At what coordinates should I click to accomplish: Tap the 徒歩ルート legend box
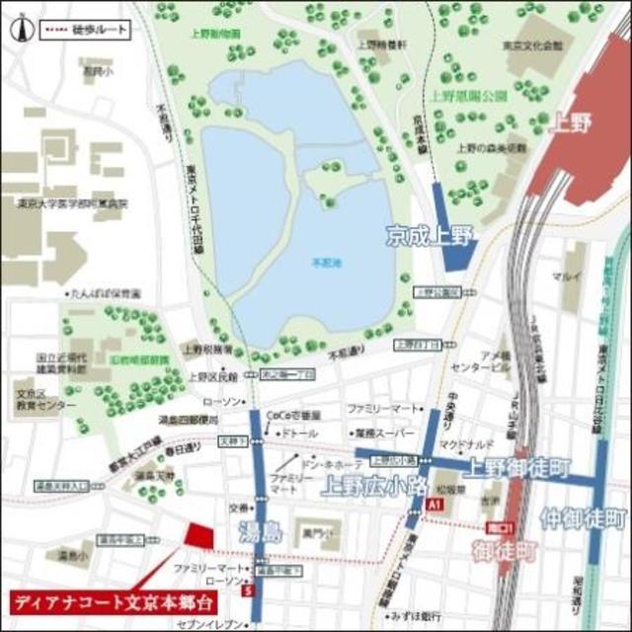point(86,30)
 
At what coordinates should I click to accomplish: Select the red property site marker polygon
point(199,535)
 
